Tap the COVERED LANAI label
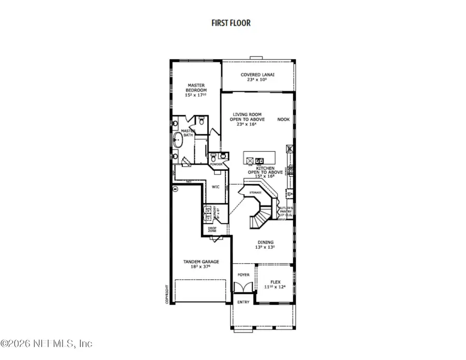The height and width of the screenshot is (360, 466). click(x=257, y=75)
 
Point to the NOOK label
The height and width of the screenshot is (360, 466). click(x=283, y=119)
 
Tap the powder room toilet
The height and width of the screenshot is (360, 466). click(x=213, y=156)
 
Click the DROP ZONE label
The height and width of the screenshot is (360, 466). click(x=212, y=228)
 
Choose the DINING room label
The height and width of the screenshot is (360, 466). click(x=266, y=242)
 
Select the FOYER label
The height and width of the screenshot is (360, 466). click(x=243, y=275)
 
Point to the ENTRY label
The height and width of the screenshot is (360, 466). click(x=243, y=302)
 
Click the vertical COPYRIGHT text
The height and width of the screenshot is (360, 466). click(x=167, y=295)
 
